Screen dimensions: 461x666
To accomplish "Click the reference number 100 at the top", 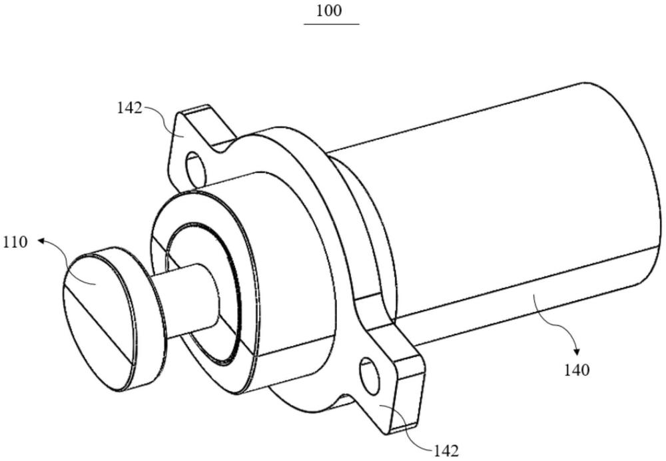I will (x=331, y=11).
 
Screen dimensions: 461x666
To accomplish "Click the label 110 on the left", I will (x=15, y=242).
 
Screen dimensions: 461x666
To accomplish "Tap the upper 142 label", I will (x=129, y=108).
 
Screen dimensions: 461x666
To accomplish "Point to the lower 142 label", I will (x=446, y=451).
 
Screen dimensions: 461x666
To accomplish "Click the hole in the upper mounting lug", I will (x=196, y=169).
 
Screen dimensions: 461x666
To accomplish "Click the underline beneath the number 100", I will (x=331, y=24).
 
